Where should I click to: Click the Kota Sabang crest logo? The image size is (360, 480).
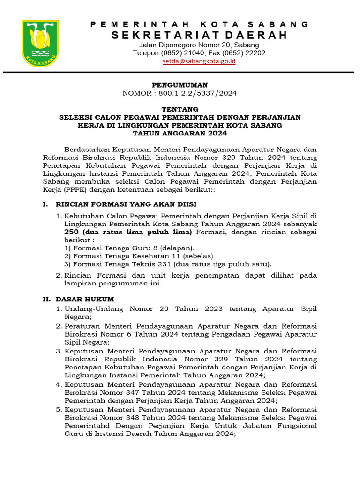click(x=40, y=43)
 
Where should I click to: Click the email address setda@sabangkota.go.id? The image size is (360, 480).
click(x=199, y=61)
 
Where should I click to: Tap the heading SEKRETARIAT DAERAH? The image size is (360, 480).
click(x=199, y=35)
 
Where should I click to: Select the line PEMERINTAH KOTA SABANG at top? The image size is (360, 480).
click(x=199, y=24)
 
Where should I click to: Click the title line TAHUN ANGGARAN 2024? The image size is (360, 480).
click(x=180, y=133)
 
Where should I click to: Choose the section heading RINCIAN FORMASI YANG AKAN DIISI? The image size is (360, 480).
click(x=126, y=204)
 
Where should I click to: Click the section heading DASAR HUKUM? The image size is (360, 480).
click(x=85, y=299)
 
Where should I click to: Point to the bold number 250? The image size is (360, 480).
click(x=71, y=232)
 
